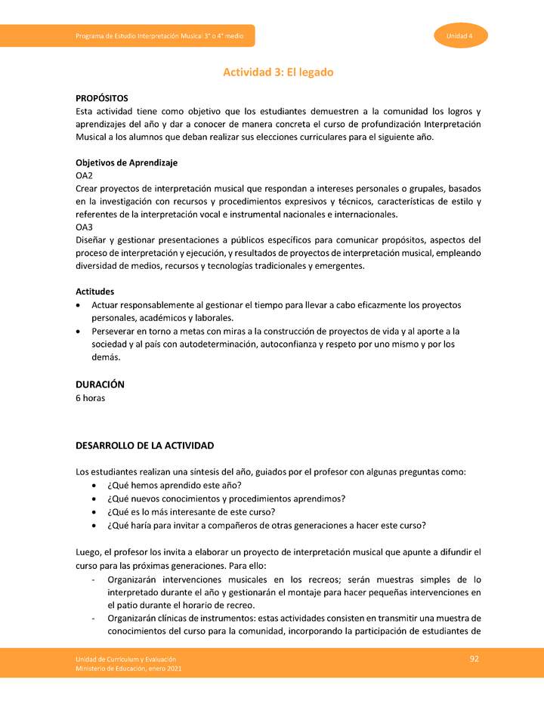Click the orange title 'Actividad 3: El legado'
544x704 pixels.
pos(277,73)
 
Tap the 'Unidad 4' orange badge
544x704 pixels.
pos(460,36)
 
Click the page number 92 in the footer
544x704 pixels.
pos(474,659)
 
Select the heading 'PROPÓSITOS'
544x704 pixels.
pos(102,98)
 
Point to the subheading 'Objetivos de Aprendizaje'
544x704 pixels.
pos(126,162)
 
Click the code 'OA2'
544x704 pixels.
pos(84,175)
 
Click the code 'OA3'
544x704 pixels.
pos(84,227)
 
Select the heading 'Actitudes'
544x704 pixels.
pos(95,291)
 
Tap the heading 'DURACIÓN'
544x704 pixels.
pos(100,384)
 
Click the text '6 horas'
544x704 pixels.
pos(90,398)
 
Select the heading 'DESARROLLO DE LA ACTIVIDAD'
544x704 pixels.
pos(144,446)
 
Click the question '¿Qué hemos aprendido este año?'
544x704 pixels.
pos(174,485)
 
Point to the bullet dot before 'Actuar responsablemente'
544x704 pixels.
pos(80,305)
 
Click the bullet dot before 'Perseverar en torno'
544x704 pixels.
pos(80,332)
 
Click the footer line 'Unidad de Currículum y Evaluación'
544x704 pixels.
pos(120,659)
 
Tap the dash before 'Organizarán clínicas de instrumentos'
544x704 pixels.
pos(92,618)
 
